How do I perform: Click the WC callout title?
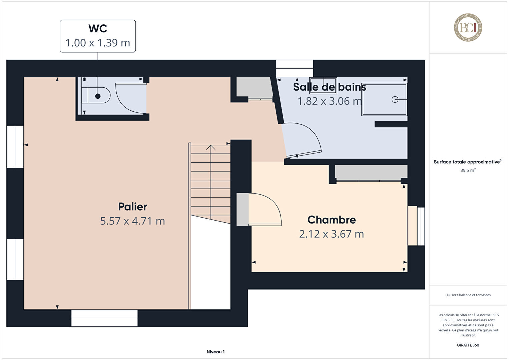point(98,28)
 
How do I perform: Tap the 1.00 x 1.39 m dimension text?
point(98,43)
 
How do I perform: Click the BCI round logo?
point(468,27)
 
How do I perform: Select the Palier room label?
point(133,207)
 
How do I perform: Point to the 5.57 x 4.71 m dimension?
point(132,221)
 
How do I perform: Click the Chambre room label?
point(332,220)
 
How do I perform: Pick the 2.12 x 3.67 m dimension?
point(332,234)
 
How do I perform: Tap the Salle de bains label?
point(330,87)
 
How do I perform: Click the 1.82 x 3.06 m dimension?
point(330,101)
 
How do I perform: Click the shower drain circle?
point(395,99)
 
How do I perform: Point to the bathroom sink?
point(323,86)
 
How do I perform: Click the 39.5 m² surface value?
point(468,170)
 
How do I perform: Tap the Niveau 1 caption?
point(216,352)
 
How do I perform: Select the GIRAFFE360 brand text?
point(468,345)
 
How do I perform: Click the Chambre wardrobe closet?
point(371,172)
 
